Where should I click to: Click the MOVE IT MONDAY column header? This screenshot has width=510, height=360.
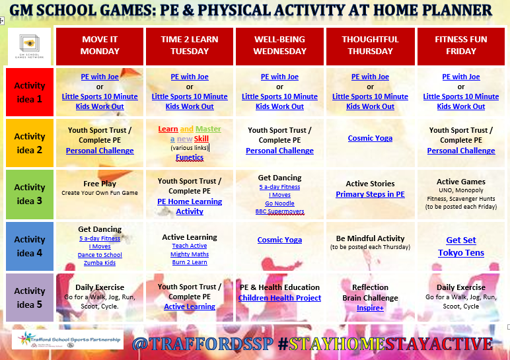(x=100, y=46)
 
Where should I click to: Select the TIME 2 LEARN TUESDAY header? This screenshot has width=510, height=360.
(x=190, y=46)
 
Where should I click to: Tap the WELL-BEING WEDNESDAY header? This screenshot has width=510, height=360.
(x=279, y=46)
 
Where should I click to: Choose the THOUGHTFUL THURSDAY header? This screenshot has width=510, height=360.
(x=370, y=46)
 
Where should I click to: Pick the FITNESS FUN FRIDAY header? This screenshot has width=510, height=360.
(x=460, y=46)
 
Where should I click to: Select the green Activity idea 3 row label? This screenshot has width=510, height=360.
(x=30, y=193)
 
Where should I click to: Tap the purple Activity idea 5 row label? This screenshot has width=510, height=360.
(x=30, y=297)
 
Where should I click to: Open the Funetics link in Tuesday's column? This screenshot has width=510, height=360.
(x=190, y=157)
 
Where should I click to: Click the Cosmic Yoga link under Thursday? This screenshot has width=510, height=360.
(x=370, y=138)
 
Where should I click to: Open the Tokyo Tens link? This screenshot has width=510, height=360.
(x=460, y=253)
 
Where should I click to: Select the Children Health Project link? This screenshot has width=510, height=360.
(x=279, y=298)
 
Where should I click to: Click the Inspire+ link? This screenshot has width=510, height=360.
(x=370, y=308)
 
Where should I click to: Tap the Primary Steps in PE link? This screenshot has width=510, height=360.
(x=370, y=194)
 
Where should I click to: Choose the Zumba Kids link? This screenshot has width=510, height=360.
(x=100, y=263)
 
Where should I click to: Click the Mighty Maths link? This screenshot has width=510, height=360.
(x=190, y=254)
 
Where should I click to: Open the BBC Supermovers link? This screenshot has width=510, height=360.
(x=279, y=212)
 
